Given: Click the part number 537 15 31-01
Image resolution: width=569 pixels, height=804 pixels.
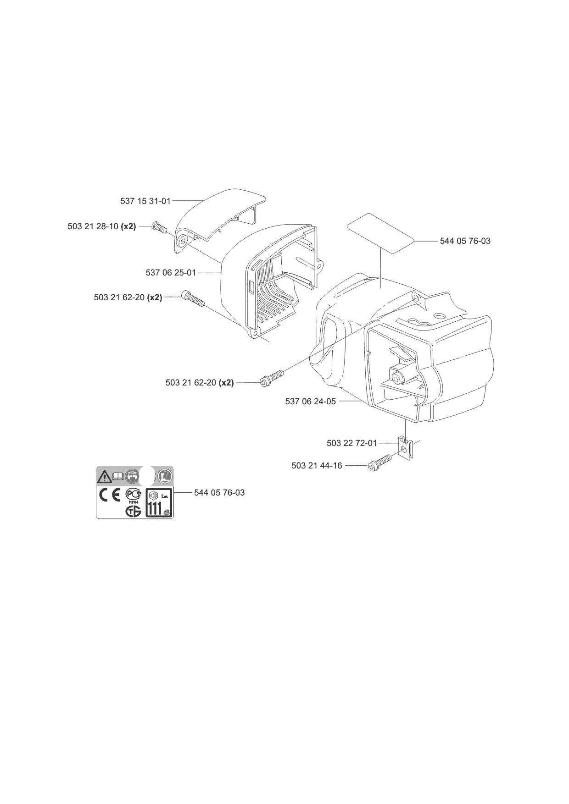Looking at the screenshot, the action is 145,201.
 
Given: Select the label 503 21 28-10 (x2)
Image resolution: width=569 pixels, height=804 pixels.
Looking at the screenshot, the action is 102,226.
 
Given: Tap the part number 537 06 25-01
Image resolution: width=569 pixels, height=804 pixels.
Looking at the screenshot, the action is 171,273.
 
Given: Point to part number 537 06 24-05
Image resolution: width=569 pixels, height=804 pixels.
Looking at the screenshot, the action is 311,402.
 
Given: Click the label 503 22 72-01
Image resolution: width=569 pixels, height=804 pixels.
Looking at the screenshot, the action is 352,443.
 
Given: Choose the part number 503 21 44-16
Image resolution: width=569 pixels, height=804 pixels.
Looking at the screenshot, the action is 317,466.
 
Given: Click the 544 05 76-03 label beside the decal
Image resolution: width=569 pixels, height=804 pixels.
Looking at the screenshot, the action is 219,493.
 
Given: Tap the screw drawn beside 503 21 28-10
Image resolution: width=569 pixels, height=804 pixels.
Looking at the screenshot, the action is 158,226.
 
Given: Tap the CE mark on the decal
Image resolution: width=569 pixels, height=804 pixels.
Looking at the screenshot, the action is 110,496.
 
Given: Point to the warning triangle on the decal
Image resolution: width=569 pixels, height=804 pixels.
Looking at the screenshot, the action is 104,476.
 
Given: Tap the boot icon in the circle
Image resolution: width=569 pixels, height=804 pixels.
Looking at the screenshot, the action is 164,476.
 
